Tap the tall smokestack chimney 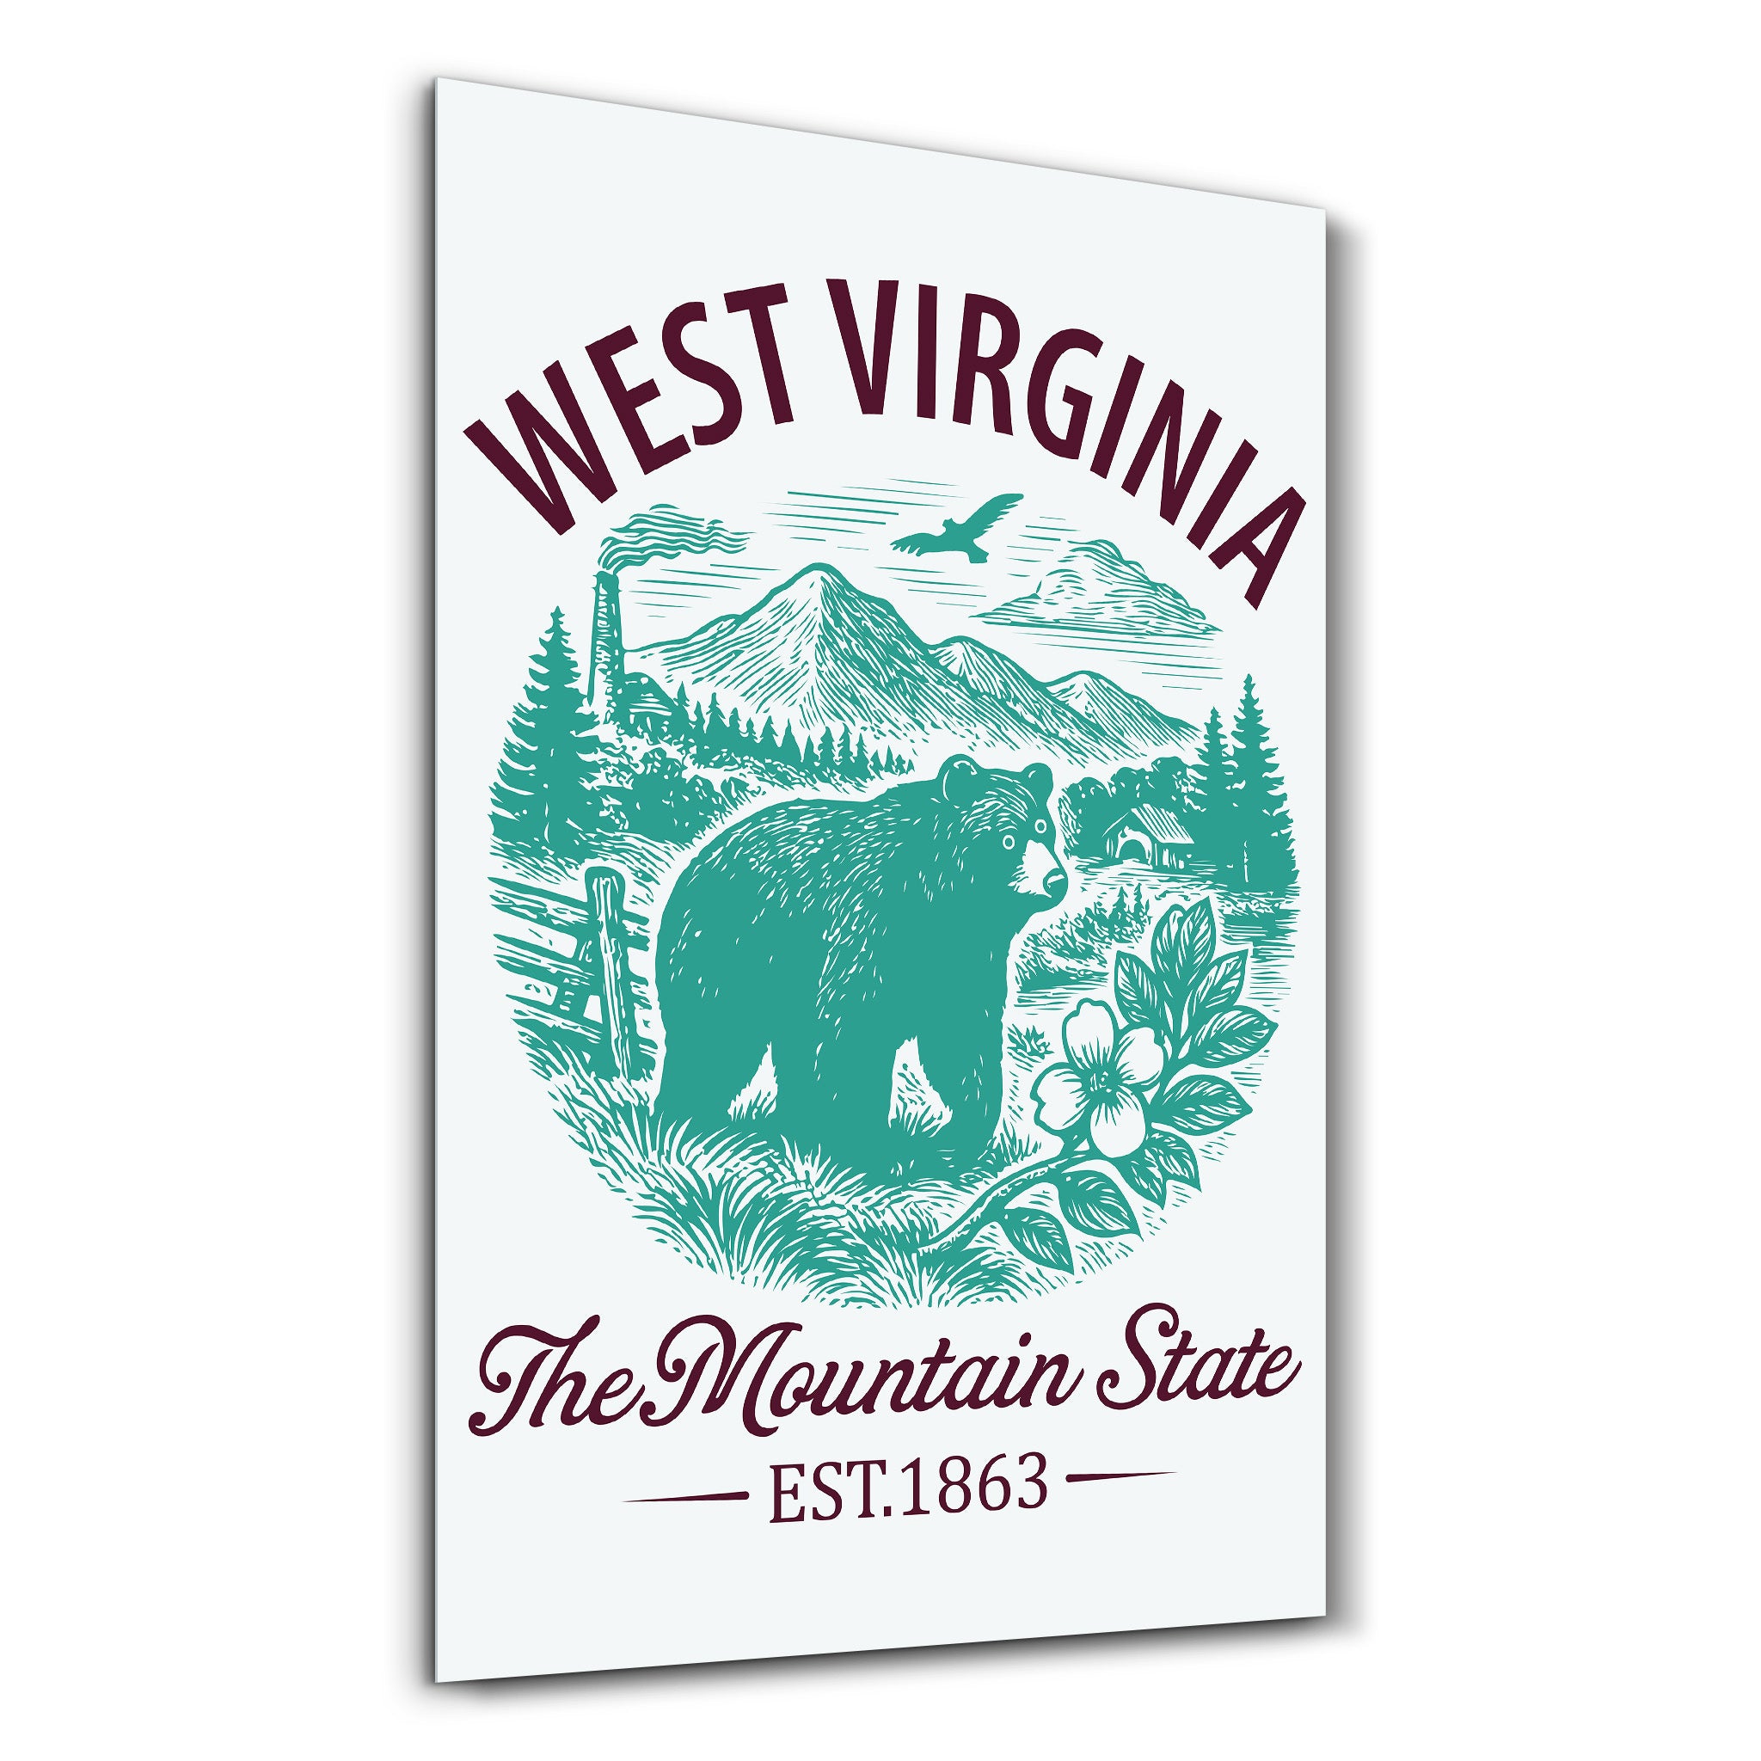(606, 638)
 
